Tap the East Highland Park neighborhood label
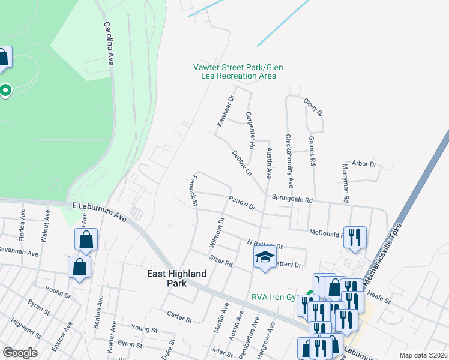tap(177, 278)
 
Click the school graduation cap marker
tap(265, 259)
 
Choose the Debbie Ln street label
tap(242, 163)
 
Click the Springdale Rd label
tap(292, 199)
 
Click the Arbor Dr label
tap(364, 164)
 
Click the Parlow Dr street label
tap(242, 203)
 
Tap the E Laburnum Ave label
tap(98, 212)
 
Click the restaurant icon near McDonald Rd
tap(355, 236)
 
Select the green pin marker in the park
tap(5, 91)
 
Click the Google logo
tap(20, 352)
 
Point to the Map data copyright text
tap(423, 355)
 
